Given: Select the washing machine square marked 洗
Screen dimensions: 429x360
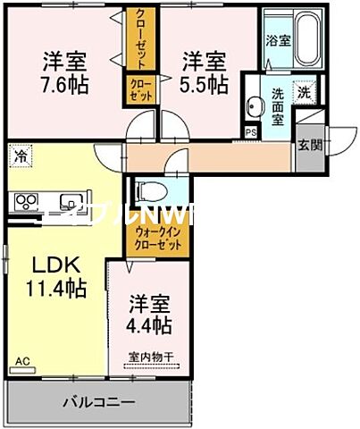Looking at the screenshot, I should tap(305, 91).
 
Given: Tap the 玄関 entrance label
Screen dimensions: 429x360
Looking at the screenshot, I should tap(308, 145).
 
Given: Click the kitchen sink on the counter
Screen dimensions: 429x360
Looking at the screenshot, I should tap(69, 201).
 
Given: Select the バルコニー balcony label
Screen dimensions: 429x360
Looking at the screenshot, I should tap(98, 402).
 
